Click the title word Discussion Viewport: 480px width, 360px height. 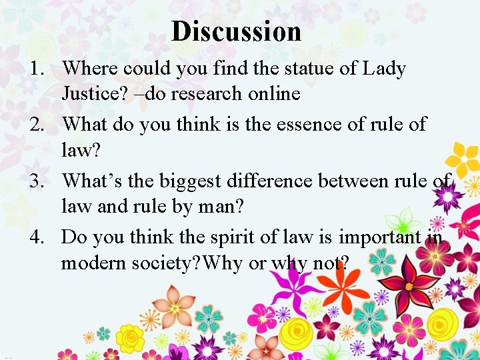click(x=236, y=31)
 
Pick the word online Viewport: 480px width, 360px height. click(x=273, y=93)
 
